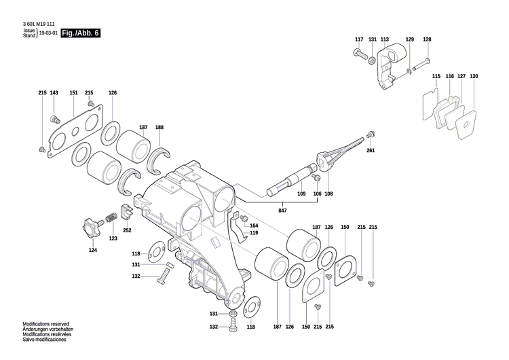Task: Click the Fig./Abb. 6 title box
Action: coord(80,33)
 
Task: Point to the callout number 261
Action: coord(370,150)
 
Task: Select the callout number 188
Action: coord(159,128)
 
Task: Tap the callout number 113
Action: coord(385,40)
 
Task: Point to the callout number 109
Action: coord(302,194)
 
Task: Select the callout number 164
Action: coord(253,226)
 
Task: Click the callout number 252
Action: coord(127,230)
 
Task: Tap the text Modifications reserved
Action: coord(45,325)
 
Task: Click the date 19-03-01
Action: coord(48,33)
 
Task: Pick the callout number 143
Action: coord(54,92)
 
